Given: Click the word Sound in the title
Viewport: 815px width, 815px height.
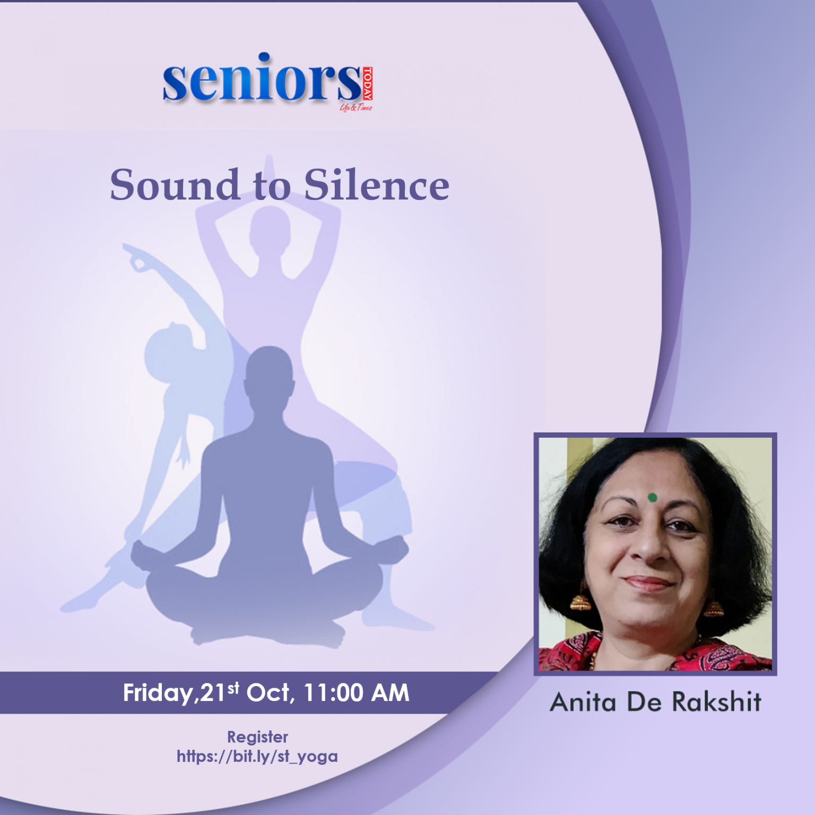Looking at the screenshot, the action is point(175,185).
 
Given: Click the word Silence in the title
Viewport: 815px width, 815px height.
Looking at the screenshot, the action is point(376,185).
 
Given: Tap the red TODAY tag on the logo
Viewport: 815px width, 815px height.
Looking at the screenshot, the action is point(367,83).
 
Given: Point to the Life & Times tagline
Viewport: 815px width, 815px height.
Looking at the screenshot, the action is point(356,107).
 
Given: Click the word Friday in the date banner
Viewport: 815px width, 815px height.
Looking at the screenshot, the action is point(159,693).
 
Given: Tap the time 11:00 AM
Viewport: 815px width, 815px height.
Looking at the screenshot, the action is point(356,692).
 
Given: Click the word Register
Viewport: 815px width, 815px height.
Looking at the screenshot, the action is point(257,737).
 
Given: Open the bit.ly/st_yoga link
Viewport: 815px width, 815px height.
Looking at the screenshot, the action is point(257,756).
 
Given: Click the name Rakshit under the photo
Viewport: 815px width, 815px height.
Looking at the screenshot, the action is point(716,702).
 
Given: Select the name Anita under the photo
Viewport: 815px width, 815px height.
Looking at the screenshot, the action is point(583,702).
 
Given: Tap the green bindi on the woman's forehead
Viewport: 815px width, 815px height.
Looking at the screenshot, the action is point(652,497).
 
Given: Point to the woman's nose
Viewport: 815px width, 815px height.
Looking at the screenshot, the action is point(650,547).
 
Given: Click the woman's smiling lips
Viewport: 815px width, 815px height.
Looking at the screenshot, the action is point(648,584).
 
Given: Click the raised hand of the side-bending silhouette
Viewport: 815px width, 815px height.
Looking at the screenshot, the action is point(135,257).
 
